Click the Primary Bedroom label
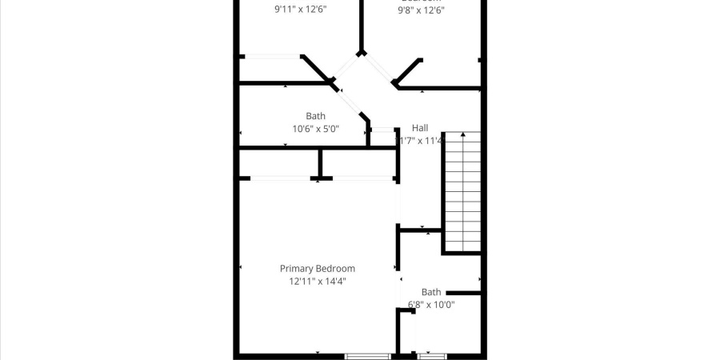click(317, 269)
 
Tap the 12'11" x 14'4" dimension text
click(317, 281)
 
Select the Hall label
click(420, 128)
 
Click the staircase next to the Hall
click(462, 192)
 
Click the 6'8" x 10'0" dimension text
click(431, 304)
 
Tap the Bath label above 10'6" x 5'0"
click(315, 116)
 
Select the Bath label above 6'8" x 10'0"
click(431, 292)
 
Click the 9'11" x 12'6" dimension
click(300, 10)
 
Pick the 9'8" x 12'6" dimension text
click(421, 10)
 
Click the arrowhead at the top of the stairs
click(462, 135)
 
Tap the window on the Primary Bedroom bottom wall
click(368, 355)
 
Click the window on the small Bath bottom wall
click(432, 355)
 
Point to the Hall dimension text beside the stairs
click(421, 140)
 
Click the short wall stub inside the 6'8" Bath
click(462, 293)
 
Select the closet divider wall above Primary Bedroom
click(320, 164)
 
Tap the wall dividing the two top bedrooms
click(362, 24)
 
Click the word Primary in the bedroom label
click(296, 269)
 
